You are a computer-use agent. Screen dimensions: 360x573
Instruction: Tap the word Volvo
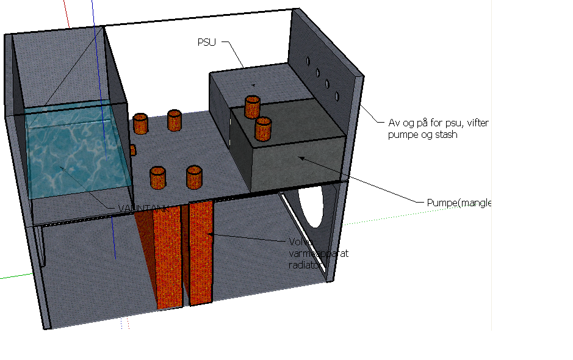[x=300, y=241]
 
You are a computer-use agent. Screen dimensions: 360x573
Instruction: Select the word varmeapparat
[x=317, y=253]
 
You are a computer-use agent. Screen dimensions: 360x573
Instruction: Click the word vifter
[x=477, y=123]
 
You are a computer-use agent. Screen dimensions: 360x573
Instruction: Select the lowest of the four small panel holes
[x=336, y=96]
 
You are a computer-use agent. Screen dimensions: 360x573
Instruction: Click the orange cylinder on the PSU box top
[x=252, y=106]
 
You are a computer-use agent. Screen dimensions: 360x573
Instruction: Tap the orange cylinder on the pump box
[x=263, y=129]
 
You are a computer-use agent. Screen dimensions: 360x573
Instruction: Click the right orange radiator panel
[x=201, y=253]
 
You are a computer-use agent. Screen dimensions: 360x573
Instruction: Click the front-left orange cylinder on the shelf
[x=159, y=178]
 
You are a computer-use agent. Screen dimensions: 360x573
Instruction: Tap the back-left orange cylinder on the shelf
[x=141, y=123]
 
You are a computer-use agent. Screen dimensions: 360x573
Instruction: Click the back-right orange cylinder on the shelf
[x=175, y=120]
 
